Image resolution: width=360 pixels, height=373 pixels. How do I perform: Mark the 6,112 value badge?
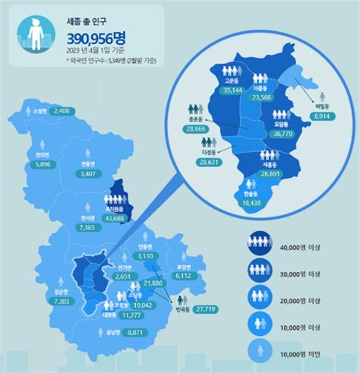point(184,277)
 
